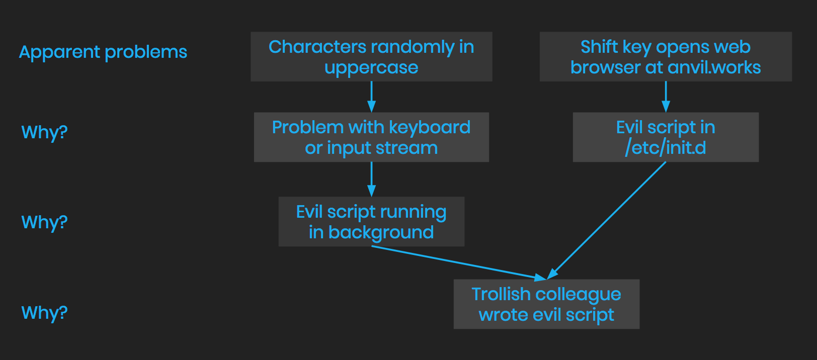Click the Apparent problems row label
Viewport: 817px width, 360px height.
click(x=103, y=52)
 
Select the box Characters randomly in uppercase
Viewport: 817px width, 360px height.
click(x=371, y=57)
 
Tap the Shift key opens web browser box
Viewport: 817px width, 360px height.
click(x=665, y=57)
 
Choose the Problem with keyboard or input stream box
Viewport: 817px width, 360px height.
click(x=371, y=137)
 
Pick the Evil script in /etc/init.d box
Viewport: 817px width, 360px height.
click(x=665, y=137)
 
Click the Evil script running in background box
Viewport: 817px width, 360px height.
click(x=371, y=222)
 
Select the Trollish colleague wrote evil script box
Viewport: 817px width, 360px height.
click(x=546, y=304)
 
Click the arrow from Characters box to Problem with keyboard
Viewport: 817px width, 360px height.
click(x=371, y=97)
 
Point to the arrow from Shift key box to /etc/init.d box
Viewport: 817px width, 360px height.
click(x=666, y=97)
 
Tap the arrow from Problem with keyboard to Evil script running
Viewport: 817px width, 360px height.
click(x=371, y=179)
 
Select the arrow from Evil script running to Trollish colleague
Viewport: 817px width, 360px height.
click(x=458, y=262)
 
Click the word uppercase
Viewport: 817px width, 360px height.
click(x=371, y=68)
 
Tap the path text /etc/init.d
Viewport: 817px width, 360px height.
click(x=665, y=148)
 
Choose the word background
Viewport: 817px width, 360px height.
click(x=381, y=232)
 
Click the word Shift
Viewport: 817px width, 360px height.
click(x=599, y=47)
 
